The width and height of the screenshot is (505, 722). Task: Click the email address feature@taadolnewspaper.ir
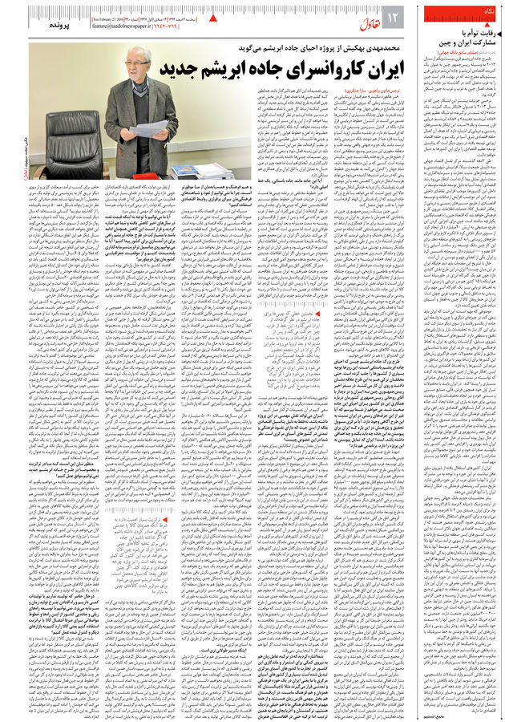132,25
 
